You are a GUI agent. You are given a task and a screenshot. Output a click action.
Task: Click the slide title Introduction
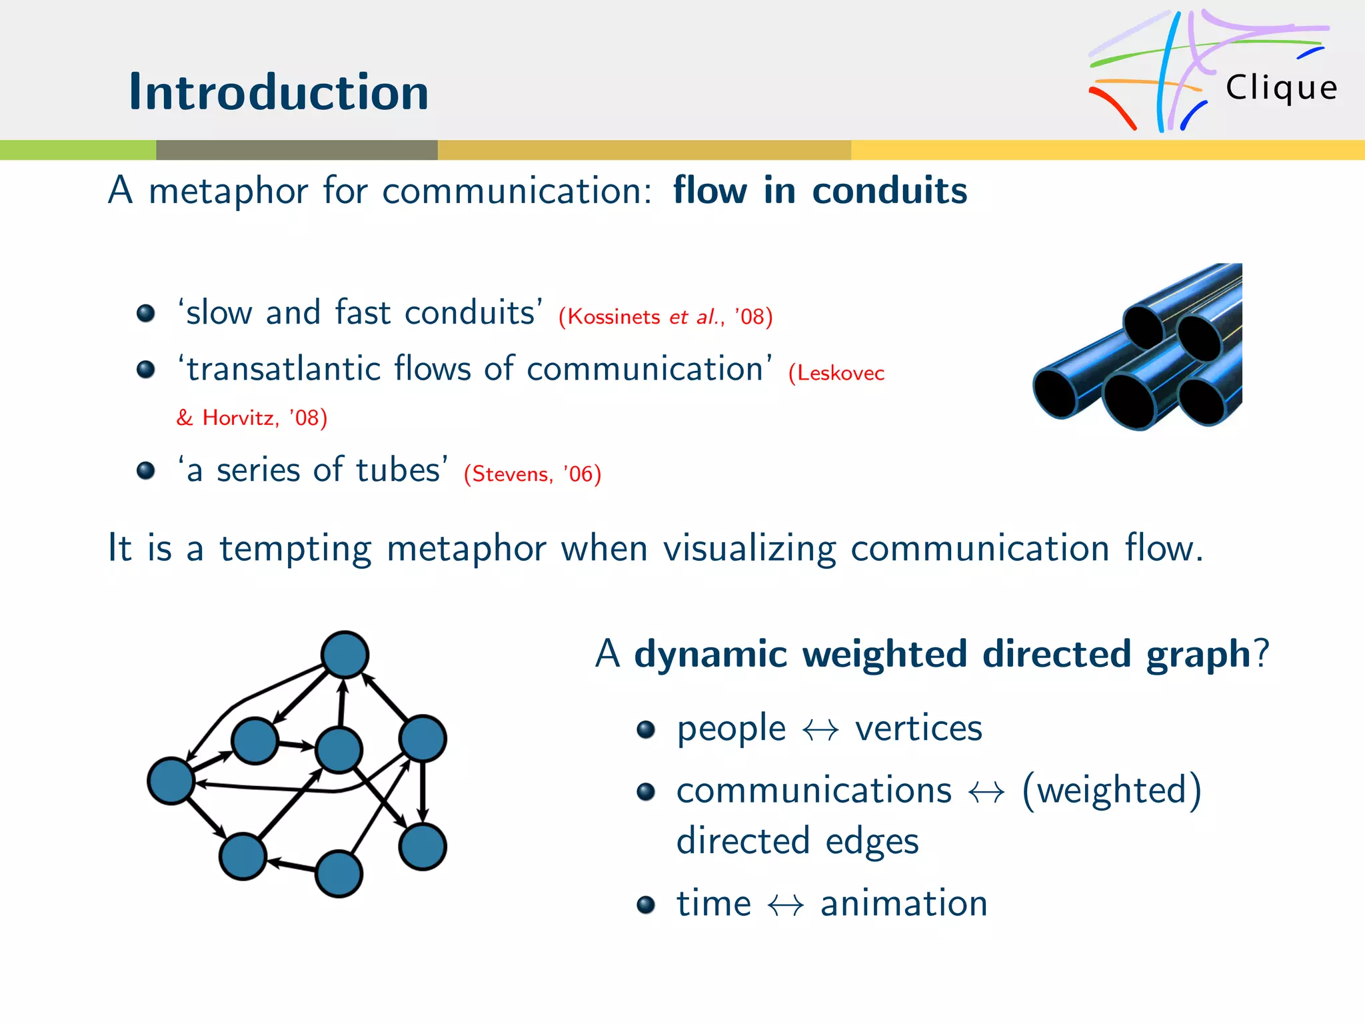click(279, 92)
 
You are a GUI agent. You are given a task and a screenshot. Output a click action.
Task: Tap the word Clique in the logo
click(1281, 88)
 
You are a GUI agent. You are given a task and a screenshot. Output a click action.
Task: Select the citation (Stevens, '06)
click(533, 474)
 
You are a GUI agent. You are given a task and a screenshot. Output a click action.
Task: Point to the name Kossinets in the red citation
click(613, 317)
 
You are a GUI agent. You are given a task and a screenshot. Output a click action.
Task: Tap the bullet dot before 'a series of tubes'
click(145, 471)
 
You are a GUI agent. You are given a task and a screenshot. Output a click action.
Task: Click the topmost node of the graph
click(345, 654)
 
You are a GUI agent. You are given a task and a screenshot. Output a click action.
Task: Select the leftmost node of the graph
click(171, 781)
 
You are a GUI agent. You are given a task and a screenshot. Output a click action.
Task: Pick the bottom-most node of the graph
click(339, 874)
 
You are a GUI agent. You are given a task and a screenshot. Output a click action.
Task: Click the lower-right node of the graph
click(423, 847)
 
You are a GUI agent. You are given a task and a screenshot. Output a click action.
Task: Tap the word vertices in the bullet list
click(918, 728)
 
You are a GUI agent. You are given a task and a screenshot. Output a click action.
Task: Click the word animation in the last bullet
click(904, 904)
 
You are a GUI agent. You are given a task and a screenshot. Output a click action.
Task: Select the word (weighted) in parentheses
click(1112, 791)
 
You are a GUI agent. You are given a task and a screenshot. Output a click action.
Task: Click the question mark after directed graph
click(1262, 653)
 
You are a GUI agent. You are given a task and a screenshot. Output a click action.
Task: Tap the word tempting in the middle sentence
click(295, 549)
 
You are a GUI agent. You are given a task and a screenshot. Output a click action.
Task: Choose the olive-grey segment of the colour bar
click(297, 150)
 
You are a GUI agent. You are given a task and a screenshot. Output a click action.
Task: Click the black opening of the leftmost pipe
click(1055, 394)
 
